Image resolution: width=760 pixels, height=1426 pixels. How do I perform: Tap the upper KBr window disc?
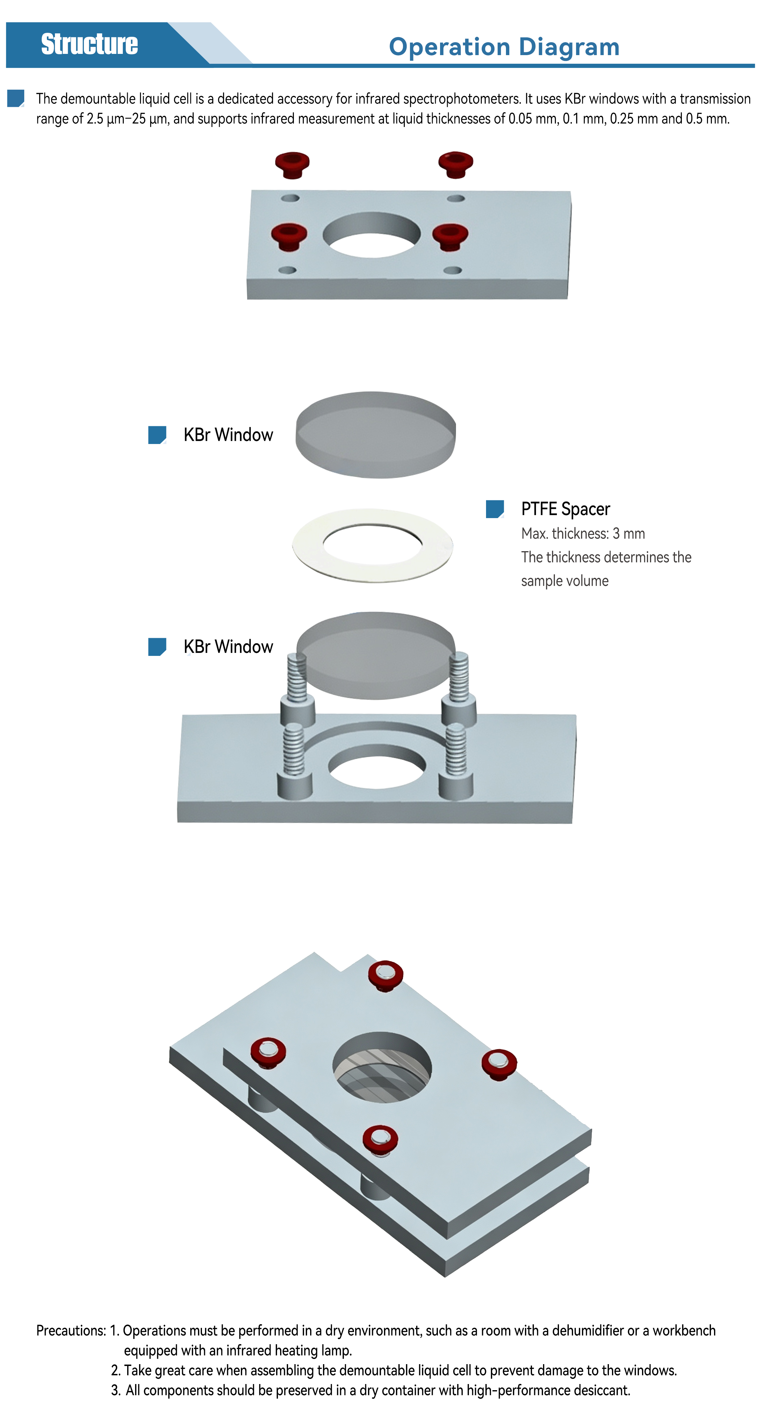coord(376,435)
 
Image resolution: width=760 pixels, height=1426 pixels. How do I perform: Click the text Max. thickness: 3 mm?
coord(583,534)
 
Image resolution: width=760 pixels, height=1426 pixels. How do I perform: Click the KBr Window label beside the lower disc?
coord(228,647)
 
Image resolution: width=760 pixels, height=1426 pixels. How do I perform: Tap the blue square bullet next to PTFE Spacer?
coord(495,509)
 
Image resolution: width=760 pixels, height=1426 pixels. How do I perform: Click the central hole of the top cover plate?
coord(372,235)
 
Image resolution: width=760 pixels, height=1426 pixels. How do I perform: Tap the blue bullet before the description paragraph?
coord(16,98)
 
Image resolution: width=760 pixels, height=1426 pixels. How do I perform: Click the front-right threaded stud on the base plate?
coord(456,761)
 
